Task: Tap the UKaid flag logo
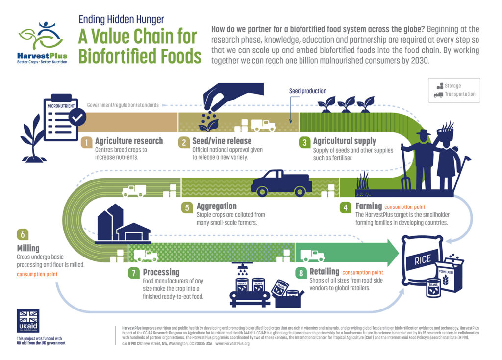click(x=28, y=321)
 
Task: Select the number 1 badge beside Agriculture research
click(x=86, y=142)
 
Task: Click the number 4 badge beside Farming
click(x=346, y=206)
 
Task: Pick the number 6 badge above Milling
click(x=23, y=234)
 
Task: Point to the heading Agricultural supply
click(x=345, y=141)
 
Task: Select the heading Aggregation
click(x=216, y=206)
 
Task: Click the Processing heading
click(x=161, y=272)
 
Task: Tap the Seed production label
click(x=307, y=91)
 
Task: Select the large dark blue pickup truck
click(x=281, y=183)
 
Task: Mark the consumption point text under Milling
click(x=37, y=274)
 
